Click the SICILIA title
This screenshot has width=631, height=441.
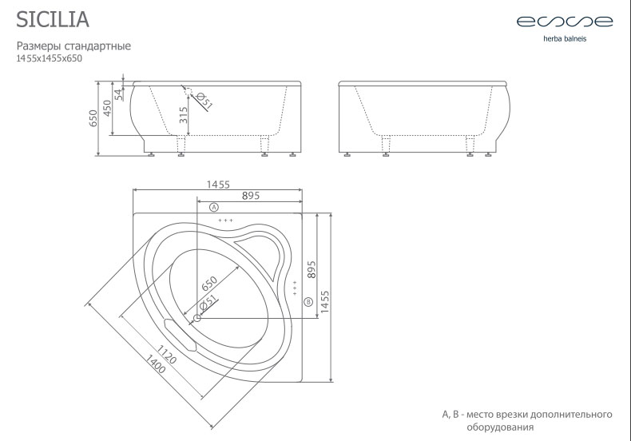coord(53,20)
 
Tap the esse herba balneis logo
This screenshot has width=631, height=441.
coord(565,28)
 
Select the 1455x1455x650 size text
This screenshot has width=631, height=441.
coord(49,58)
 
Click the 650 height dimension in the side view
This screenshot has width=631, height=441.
coord(93,118)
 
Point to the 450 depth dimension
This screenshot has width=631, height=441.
coord(107,108)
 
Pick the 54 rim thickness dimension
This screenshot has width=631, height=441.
coord(118,94)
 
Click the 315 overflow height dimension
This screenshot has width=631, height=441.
coord(184,115)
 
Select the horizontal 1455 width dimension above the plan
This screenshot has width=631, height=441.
coord(218,185)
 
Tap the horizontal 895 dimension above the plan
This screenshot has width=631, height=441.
coord(251,196)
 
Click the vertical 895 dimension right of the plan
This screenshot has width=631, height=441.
coord(312,269)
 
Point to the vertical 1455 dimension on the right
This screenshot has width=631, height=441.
coord(325,302)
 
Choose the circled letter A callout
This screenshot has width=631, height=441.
coord(214,207)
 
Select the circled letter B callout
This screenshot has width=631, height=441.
coord(308,301)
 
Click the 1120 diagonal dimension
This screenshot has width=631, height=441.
coord(166,355)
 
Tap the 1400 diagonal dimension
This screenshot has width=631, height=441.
coord(155,364)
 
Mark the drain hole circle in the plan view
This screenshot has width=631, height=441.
coord(197,318)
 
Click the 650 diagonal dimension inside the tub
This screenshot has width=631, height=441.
coord(209,284)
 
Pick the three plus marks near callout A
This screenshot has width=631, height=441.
coord(226,220)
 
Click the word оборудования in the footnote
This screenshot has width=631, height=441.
coord(500,427)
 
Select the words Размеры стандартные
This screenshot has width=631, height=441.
coord(73,46)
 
